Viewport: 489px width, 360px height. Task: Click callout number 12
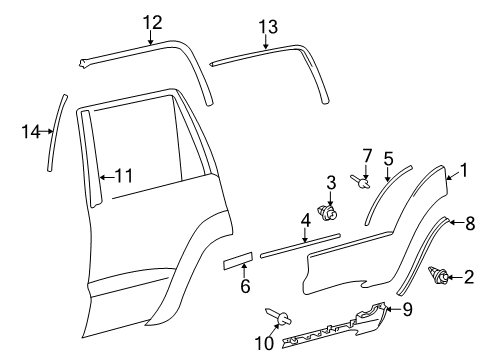151,23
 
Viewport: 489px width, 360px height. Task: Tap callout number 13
266,27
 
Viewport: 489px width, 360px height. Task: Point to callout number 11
122,175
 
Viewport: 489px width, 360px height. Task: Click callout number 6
245,286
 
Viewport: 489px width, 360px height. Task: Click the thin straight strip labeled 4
300,270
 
